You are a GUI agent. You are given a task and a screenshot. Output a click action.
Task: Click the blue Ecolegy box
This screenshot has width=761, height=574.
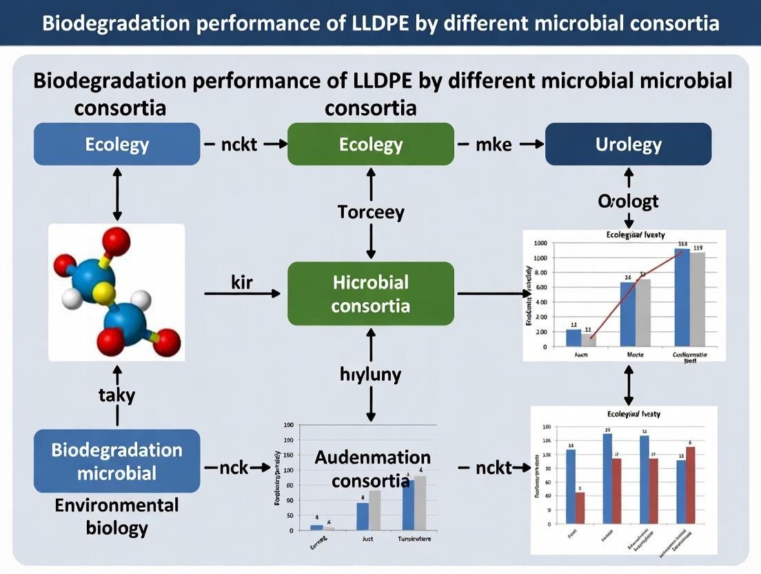(117, 144)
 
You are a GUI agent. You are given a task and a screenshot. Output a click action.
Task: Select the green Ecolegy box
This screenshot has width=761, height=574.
(371, 144)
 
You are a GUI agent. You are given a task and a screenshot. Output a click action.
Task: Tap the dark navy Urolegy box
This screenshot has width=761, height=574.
(628, 144)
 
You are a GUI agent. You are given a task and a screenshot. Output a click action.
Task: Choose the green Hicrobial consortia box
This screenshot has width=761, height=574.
(371, 294)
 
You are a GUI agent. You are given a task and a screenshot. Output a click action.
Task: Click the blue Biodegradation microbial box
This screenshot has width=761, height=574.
(117, 461)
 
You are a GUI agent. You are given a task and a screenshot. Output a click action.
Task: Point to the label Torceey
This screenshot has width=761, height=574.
(371, 212)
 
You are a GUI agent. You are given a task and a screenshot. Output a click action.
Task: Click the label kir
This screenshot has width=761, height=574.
(242, 281)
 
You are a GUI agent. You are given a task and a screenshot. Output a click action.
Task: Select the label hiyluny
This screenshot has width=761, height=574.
(371, 375)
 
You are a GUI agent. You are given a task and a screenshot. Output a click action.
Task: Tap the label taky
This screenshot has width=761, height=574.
(117, 395)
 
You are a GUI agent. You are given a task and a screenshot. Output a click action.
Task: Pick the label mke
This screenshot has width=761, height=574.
(494, 145)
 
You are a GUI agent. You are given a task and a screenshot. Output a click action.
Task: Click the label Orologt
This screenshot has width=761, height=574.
(628, 201)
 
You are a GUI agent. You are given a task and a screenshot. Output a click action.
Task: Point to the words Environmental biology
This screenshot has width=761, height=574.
(117, 517)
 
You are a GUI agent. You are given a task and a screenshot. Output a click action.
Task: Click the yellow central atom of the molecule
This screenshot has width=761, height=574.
(104, 293)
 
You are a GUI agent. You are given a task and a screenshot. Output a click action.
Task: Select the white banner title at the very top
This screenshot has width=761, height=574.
(380, 23)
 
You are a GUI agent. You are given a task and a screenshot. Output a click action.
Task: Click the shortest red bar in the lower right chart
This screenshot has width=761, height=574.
(580, 507)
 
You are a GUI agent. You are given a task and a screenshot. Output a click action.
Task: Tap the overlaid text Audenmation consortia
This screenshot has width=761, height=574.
(372, 468)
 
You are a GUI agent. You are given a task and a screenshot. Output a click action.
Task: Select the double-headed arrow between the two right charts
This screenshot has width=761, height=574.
(628, 385)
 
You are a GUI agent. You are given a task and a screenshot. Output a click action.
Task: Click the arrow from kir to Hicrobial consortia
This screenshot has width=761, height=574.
(242, 294)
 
